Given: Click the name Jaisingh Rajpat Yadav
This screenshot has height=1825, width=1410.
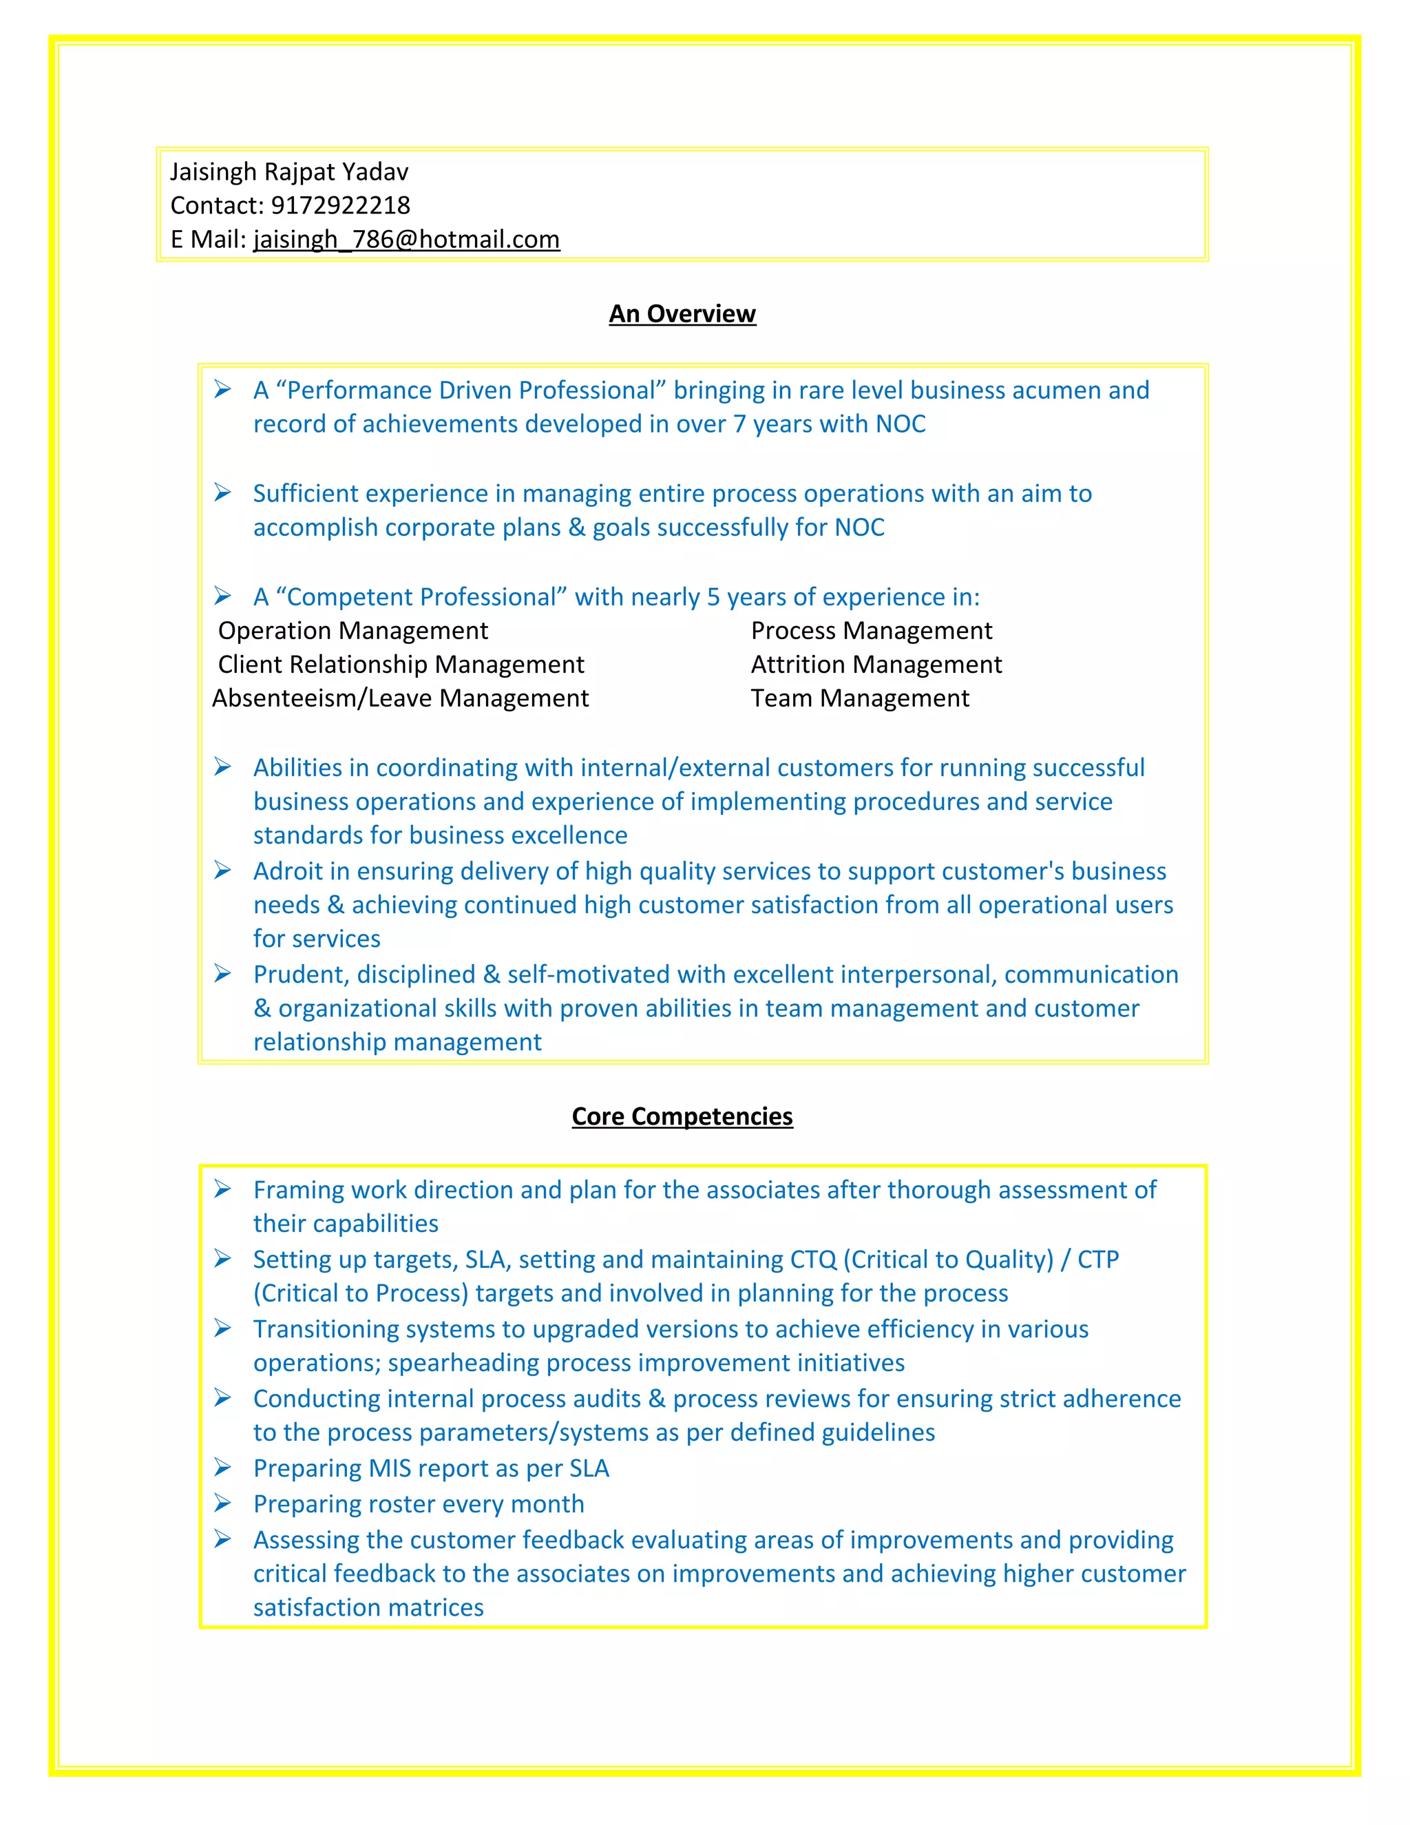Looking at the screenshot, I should coord(289,172).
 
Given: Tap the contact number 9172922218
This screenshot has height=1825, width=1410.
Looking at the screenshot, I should coord(340,205).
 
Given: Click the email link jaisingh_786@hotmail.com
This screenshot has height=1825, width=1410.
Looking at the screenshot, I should coord(406,240).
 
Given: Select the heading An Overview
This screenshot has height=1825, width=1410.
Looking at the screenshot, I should coord(682,313).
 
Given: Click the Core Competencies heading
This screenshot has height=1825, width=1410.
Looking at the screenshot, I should coord(682,1116).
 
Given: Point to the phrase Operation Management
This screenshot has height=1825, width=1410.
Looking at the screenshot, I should coord(352,631).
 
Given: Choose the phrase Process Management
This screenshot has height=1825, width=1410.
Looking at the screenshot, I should coord(870,631).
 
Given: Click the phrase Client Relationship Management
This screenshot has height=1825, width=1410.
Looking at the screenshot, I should coord(400,665).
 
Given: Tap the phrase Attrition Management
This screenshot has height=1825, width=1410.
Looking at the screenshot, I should coord(876,665).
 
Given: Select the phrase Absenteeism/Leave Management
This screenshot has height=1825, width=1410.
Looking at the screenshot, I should coord(400,698).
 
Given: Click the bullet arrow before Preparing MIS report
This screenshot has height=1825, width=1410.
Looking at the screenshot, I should coord(222,1468).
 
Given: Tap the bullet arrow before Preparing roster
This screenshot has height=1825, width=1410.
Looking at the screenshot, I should coord(222,1503).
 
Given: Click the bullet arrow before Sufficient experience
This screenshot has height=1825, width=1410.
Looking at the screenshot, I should coord(222,492).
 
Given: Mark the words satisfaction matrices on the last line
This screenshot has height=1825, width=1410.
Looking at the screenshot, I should coord(368,1608).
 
